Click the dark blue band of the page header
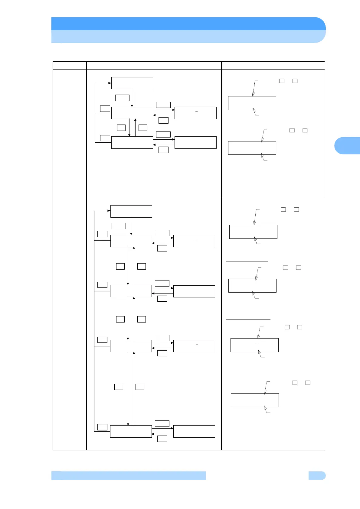[188, 24]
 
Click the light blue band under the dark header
[188, 37]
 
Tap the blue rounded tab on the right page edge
[347, 146]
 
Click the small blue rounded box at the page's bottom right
[317, 475]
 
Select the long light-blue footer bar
[129, 475]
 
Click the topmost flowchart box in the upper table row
[132, 83]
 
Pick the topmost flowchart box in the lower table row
[131, 211]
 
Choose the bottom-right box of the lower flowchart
[194, 431]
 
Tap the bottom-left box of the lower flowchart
[131, 431]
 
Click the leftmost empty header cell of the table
[70, 65]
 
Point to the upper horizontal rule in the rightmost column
[247, 261]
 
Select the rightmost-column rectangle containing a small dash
[254, 345]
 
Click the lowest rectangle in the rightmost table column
[254, 400]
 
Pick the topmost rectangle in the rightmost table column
[252, 103]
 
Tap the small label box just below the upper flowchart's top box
[122, 98]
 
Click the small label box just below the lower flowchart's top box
[119, 226]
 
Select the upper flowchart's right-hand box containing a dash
[195, 113]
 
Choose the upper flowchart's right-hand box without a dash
[195, 142]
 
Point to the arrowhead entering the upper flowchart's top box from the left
[110, 83]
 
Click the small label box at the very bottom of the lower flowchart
[162, 439]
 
